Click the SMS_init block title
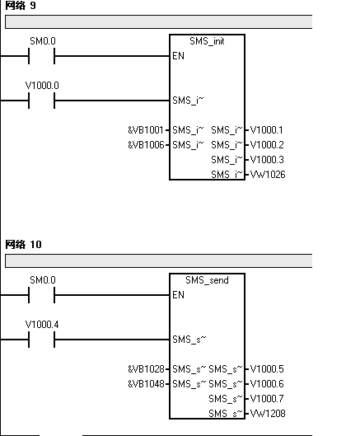tap(207, 41)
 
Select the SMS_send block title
tap(207, 280)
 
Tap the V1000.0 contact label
tap(42, 86)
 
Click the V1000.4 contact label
tap(42, 325)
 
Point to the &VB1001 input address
tap(146, 130)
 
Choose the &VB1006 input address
tap(146, 145)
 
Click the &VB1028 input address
tap(146, 369)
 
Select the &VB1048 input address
tap(146, 384)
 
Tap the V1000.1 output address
tap(267, 130)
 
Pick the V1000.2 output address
tap(267, 145)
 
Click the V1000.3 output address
tap(267, 160)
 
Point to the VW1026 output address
tap(268, 175)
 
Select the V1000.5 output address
tap(267, 369)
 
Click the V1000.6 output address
tap(267, 384)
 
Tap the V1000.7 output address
tap(267, 399)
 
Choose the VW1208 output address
tap(268, 414)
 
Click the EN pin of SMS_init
tap(178, 56)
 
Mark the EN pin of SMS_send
tap(178, 295)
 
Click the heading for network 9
tap(21, 5)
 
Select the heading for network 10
tap(23, 245)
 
